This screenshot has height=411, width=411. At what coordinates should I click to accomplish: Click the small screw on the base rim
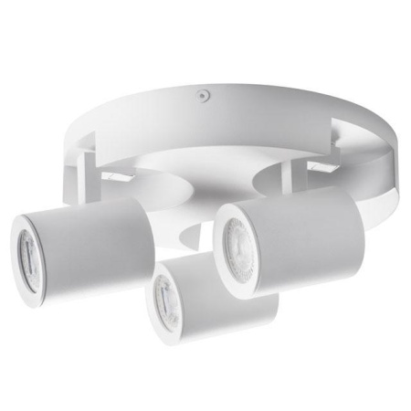click(x=200, y=92)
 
